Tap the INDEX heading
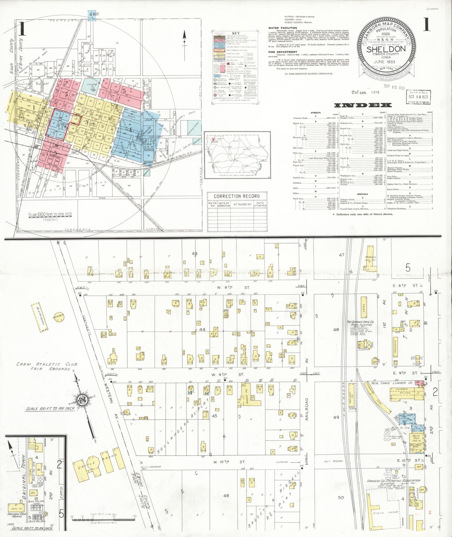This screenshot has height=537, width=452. click(x=363, y=105)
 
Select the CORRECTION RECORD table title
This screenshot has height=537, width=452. click(x=237, y=196)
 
